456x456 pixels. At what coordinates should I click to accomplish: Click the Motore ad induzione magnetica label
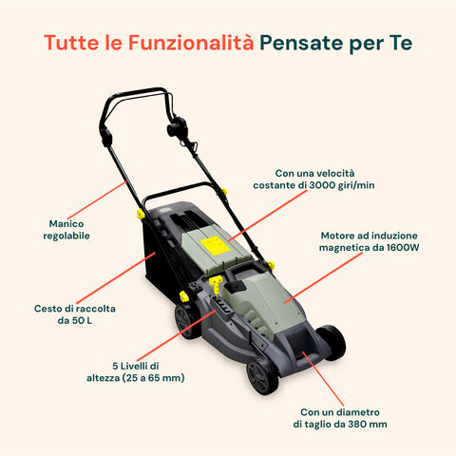tap(370, 240)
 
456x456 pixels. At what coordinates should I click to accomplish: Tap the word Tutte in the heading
tap(70, 44)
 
